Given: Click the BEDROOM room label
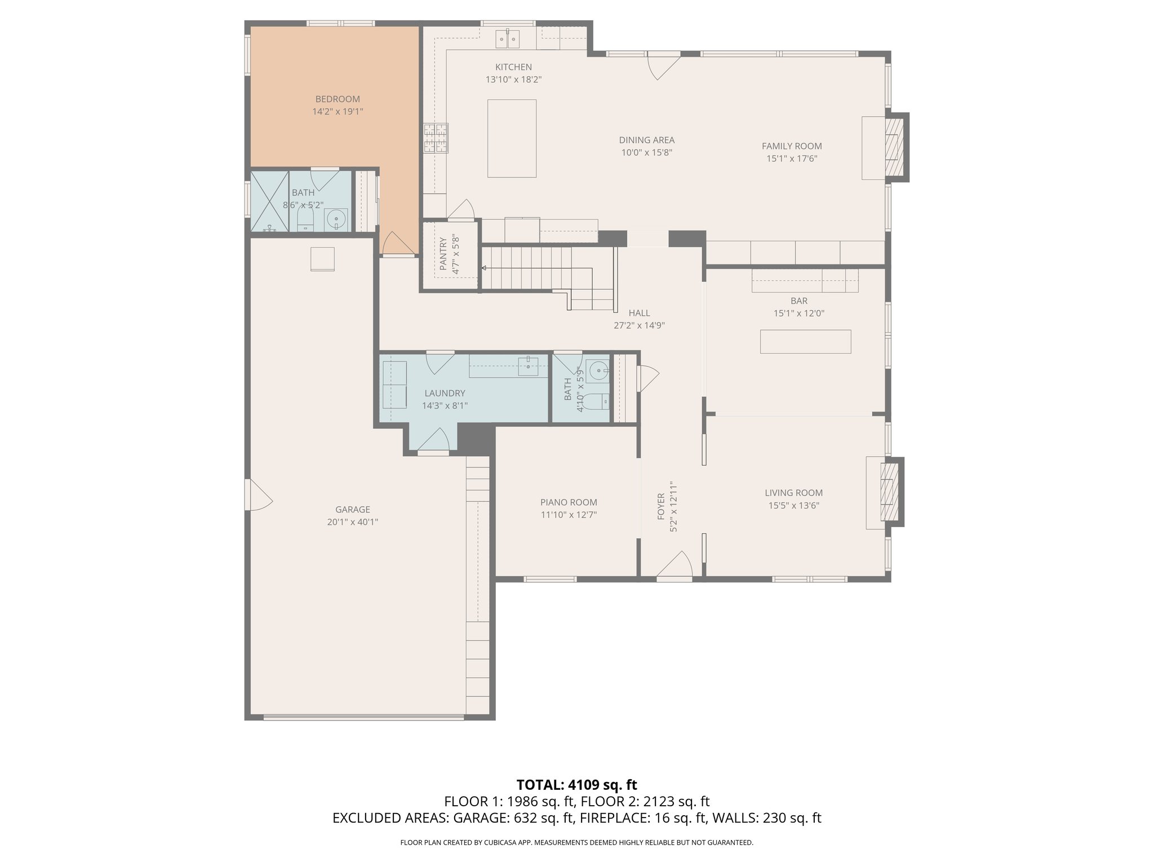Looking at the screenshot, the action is point(338,99).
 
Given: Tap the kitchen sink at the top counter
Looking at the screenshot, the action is point(508,38).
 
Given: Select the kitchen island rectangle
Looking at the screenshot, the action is point(512,139).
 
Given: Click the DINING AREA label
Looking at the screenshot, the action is point(646,140).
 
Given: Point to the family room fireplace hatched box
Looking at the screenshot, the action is point(894,147).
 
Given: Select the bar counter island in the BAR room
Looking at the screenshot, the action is point(805,342).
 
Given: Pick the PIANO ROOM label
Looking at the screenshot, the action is point(569,502).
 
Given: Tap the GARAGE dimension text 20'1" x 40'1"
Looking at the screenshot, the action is point(353,522).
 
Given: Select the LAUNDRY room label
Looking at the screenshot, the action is point(445,393).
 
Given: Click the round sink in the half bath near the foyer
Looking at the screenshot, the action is point(597,370).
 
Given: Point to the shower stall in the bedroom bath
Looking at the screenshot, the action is point(269,201).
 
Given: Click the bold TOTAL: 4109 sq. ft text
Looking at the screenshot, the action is point(576,785).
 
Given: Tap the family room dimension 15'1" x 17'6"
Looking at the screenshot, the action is point(792,158).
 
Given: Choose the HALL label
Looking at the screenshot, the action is point(639,313).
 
